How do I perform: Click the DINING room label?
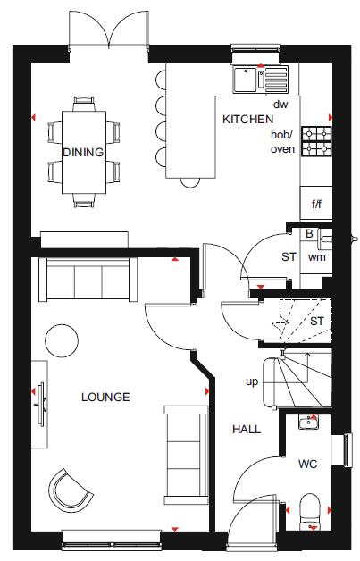pyautogui.click(x=83, y=152)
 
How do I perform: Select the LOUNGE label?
pyautogui.click(x=105, y=397)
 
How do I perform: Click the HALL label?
pyautogui.click(x=247, y=430)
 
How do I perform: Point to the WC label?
pyautogui.click(x=306, y=465)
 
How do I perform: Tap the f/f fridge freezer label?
pyautogui.click(x=316, y=204)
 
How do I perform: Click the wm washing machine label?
pyautogui.click(x=315, y=256)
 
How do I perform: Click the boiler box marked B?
pyautogui.click(x=309, y=235)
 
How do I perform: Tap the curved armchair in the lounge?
pyautogui.click(x=70, y=489)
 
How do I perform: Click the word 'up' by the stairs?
pyautogui.click(x=252, y=381)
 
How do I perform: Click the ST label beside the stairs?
pyautogui.click(x=316, y=321)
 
